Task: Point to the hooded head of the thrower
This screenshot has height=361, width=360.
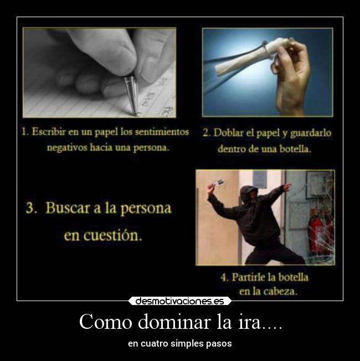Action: click(x=249, y=195)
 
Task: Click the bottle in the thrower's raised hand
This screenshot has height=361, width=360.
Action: click(x=218, y=183)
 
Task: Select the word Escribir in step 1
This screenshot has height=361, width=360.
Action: click(x=50, y=133)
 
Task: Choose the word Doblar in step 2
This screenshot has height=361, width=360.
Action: click(x=230, y=133)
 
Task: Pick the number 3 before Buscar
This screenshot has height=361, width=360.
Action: click(x=30, y=209)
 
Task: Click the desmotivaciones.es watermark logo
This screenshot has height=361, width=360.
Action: click(x=180, y=301)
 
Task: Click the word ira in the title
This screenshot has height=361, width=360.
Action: click(x=248, y=322)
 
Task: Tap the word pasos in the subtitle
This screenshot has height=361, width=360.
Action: click(x=219, y=344)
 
